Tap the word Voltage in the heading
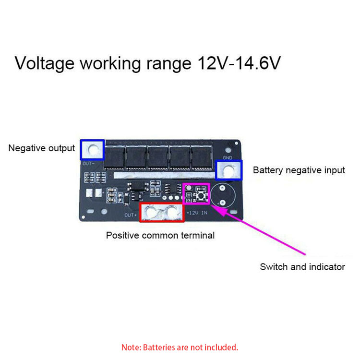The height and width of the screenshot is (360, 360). pyautogui.click(x=45, y=63)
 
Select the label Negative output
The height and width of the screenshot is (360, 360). pyautogui.click(x=42, y=148)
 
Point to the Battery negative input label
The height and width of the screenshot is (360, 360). pyautogui.click(x=299, y=170)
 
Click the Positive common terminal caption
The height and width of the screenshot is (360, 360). pyautogui.click(x=160, y=235)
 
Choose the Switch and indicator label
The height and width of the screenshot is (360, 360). pyautogui.click(x=302, y=267)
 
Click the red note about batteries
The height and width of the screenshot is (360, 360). pyautogui.click(x=180, y=347)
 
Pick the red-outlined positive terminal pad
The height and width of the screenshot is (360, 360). pyautogui.click(x=161, y=212)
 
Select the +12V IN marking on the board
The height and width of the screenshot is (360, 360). pyautogui.click(x=197, y=212)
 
